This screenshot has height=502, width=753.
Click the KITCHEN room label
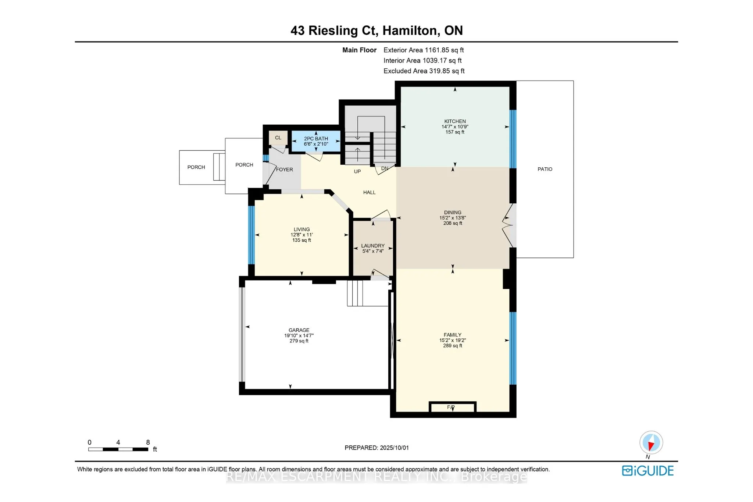[455, 121]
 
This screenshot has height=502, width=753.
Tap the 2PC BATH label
[316, 139]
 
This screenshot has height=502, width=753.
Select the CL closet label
[278, 138]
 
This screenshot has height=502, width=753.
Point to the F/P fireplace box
[452, 407]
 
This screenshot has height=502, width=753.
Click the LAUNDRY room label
[373, 246]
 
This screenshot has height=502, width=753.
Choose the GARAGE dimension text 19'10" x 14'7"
[299, 335]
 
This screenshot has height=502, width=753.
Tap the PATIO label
[545, 169]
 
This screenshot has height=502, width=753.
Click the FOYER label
[285, 170]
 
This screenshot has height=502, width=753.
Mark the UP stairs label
[357, 171]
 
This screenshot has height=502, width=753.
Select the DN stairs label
[385, 168]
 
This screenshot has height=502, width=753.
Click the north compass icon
[651, 442]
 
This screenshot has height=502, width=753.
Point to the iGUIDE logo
[647, 471]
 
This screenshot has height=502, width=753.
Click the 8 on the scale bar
[148, 442]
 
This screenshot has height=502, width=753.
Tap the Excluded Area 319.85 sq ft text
[424, 71]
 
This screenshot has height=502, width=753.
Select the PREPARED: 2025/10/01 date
[376, 448]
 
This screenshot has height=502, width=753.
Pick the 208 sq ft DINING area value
[452, 223]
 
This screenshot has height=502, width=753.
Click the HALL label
[369, 192]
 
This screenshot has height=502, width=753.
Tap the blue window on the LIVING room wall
[251, 235]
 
